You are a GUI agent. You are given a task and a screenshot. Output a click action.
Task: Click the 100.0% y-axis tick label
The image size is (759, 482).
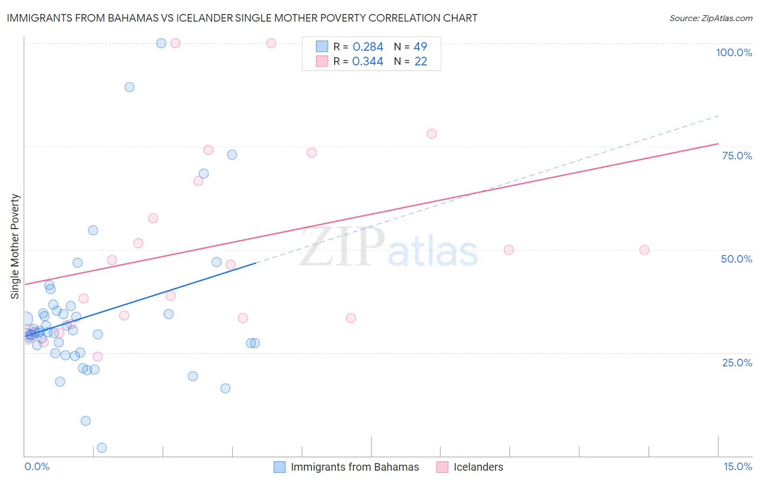click(x=734, y=52)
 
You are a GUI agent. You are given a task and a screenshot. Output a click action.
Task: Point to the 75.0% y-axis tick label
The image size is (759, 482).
click(x=737, y=156)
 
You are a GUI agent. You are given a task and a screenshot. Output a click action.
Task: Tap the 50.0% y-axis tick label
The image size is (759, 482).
click(x=736, y=259)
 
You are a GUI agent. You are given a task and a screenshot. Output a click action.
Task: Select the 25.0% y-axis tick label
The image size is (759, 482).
click(x=737, y=363)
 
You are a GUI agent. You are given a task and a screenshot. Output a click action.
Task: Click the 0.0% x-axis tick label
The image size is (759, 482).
click(x=37, y=467)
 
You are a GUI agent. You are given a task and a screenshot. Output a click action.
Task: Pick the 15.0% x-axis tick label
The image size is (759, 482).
click(x=737, y=467)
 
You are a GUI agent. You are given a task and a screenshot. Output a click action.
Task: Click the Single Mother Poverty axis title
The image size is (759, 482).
click(x=15, y=246)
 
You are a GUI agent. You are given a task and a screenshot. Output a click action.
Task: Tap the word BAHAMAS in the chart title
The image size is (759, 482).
click(x=133, y=18)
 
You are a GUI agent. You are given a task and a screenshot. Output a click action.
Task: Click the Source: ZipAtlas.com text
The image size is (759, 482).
click(x=710, y=18)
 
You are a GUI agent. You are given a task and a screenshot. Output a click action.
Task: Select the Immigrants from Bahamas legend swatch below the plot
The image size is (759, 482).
click(x=280, y=467)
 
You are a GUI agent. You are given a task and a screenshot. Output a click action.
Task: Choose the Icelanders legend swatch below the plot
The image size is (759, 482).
click(x=442, y=467)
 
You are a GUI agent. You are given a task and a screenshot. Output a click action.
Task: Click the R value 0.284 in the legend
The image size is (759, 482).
click(x=368, y=47)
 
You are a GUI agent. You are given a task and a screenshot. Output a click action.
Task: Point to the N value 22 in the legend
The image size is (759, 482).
click(x=421, y=62)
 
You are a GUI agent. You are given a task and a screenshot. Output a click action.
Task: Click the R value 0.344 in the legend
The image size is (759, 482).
click(x=368, y=62)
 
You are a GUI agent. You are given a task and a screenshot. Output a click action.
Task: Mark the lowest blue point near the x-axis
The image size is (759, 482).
click(x=101, y=448)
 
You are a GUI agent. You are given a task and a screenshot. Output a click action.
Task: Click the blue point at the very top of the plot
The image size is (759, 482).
click(x=161, y=43)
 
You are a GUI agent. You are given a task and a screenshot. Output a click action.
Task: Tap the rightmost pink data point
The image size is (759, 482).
click(x=644, y=250)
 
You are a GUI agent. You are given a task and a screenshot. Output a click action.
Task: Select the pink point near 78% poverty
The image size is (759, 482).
click(x=432, y=133)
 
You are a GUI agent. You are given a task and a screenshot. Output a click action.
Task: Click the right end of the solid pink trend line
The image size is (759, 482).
click(x=718, y=144)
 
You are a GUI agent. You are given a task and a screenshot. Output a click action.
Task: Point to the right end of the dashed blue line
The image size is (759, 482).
click(x=719, y=116)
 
